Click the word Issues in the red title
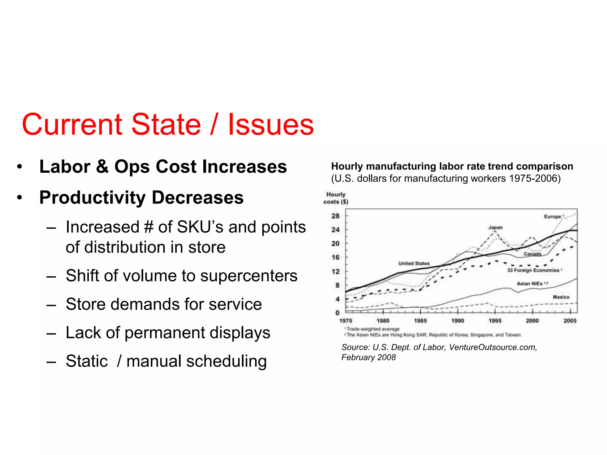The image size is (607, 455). [x=271, y=124]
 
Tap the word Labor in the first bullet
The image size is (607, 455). [x=65, y=166]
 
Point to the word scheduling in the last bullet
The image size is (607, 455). [x=226, y=361]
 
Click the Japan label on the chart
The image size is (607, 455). [x=496, y=227]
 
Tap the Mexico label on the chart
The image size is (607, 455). [x=561, y=297]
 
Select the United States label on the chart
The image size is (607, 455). [x=414, y=263]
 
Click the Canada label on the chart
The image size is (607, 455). [x=533, y=254]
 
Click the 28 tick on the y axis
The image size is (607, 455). [x=336, y=216]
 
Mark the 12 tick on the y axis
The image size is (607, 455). [x=336, y=271]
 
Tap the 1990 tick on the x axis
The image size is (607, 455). [x=458, y=321]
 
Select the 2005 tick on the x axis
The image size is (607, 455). [x=570, y=321]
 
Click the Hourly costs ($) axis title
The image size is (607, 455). [x=336, y=198]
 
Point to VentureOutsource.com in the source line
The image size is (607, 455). [x=493, y=347]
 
